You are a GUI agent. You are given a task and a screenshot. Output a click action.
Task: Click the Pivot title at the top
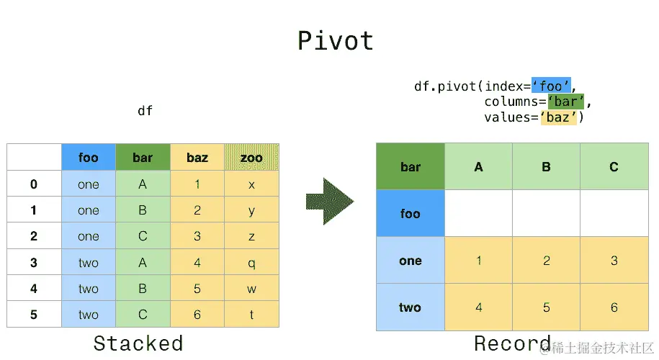point(336,41)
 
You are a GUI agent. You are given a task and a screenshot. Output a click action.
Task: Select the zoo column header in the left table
point(251,158)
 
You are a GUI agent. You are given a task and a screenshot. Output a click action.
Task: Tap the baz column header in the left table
point(197,158)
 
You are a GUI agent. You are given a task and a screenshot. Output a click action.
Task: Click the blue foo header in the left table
point(88,158)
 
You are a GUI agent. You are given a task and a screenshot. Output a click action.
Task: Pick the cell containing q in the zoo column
point(251,263)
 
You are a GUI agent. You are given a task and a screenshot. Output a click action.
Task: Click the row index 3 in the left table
point(34,263)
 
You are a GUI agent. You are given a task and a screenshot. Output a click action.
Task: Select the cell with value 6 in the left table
point(197,315)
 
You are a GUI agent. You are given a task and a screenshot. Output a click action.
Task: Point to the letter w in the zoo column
point(251,289)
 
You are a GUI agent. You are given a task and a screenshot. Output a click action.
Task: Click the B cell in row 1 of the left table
point(143,210)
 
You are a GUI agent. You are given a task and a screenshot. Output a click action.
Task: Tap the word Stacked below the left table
point(138,343)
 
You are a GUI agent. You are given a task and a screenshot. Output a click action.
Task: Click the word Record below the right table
point(512,343)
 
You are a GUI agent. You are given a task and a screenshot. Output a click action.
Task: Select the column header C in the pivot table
point(614,167)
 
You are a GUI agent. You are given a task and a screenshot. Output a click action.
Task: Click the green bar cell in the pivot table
point(410,167)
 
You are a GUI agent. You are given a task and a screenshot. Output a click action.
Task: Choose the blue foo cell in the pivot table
point(410,214)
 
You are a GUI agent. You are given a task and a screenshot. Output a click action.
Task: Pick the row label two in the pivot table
point(410,307)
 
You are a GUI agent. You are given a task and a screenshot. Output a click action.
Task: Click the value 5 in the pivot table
point(546,307)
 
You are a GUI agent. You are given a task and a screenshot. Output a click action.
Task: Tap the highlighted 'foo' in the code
point(551,86)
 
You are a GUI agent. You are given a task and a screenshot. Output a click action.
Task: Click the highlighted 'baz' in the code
point(558,117)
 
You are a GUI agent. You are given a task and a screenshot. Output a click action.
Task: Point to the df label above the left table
point(145,111)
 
